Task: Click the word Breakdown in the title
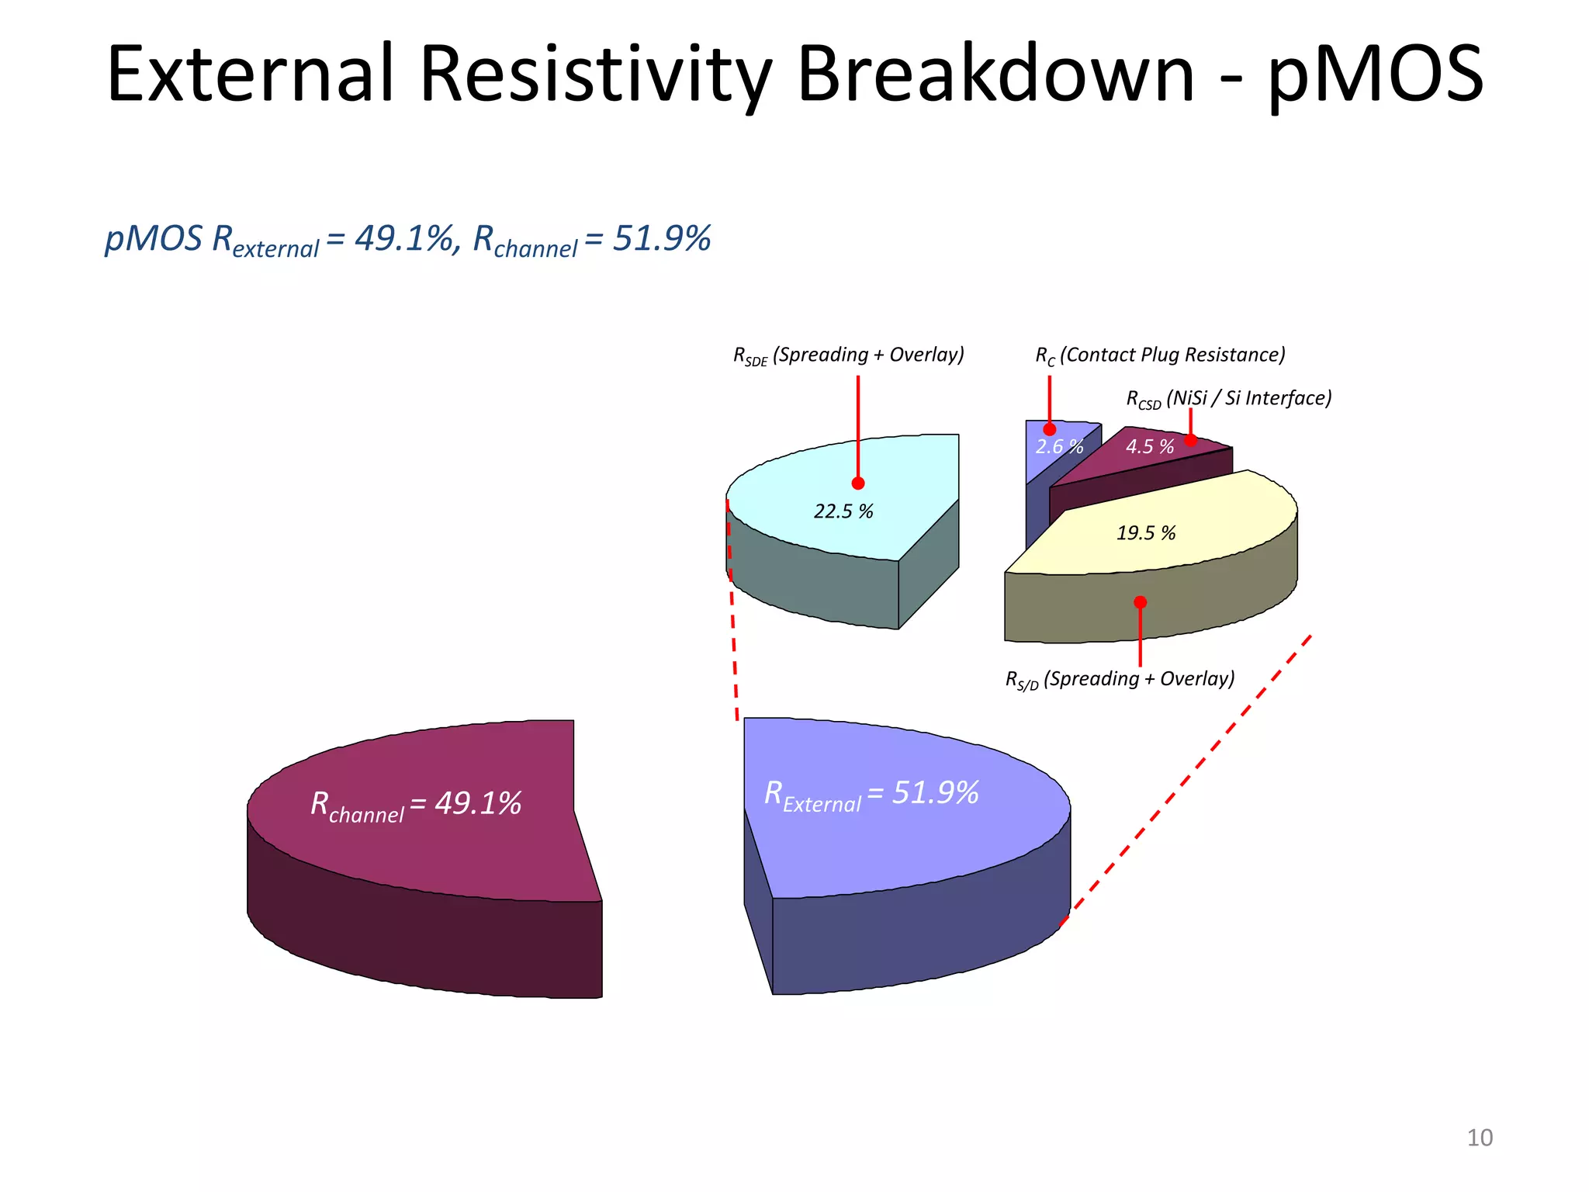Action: [995, 74]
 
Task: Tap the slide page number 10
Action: [1480, 1138]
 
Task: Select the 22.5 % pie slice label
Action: [843, 511]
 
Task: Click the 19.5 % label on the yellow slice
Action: [1146, 533]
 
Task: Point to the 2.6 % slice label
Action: [1059, 447]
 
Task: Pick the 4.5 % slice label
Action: [1150, 447]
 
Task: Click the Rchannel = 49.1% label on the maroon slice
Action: [416, 805]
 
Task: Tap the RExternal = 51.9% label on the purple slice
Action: [871, 795]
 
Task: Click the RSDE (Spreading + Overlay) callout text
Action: [849, 355]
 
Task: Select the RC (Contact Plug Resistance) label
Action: [1160, 355]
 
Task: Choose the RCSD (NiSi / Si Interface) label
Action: [1229, 399]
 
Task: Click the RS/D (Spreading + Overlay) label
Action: [1120, 680]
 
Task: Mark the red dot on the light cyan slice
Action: [858, 483]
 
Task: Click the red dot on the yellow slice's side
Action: [1140, 602]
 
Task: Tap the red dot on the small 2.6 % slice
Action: [1050, 429]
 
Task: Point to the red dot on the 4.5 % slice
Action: [1191, 440]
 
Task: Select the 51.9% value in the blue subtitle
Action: [662, 238]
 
